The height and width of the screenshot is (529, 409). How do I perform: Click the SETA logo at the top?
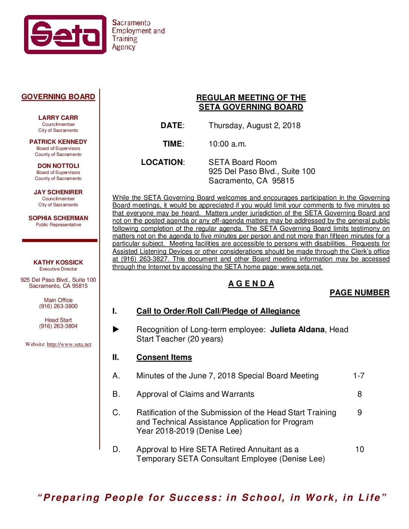[x=65, y=35]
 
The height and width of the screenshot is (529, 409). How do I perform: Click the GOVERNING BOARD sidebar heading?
[x=58, y=97]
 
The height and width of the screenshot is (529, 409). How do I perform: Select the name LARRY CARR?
[x=58, y=118]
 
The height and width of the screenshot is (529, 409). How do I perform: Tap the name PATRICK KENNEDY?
[x=58, y=142]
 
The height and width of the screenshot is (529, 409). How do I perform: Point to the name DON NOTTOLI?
[x=58, y=166]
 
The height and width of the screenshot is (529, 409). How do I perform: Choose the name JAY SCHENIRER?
[x=58, y=192]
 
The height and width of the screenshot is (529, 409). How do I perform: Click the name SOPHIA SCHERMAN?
[x=58, y=218]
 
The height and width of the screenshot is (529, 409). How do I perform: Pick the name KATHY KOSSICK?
[x=58, y=263]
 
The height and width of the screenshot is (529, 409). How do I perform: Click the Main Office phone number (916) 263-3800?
[x=58, y=306]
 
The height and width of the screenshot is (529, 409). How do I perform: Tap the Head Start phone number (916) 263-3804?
[x=58, y=326]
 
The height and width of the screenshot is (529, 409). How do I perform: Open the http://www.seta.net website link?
[x=69, y=345]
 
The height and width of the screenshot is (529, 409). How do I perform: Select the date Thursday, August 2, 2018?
[x=254, y=125]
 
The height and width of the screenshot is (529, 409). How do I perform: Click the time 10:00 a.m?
[x=227, y=144]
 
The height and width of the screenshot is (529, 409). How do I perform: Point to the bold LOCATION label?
[x=162, y=162]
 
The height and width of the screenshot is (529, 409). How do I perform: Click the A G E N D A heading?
[x=251, y=284]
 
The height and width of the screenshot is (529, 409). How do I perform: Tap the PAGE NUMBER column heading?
[x=359, y=293]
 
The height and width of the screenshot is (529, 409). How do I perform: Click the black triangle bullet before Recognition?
[x=116, y=329]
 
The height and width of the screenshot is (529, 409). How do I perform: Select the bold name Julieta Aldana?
[x=297, y=329]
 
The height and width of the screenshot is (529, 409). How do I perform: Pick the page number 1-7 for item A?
[x=359, y=376]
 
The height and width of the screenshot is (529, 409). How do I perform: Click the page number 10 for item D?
[x=360, y=449]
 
